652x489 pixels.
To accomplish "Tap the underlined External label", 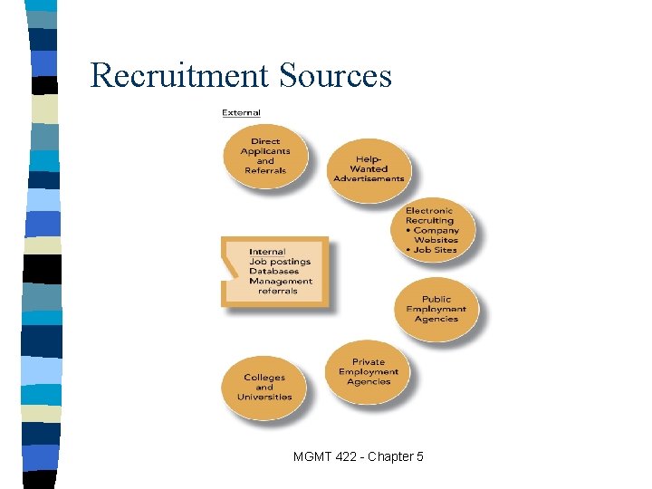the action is [x=242, y=113].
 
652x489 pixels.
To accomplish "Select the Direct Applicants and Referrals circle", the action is [x=265, y=156].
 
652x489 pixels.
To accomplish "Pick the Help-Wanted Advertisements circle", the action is [x=369, y=169].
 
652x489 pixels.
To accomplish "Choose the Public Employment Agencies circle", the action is [x=436, y=309].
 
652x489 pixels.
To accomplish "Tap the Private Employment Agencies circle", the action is [x=369, y=371].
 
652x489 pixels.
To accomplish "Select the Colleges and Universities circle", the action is [x=264, y=387].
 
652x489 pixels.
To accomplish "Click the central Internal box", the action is [x=275, y=272].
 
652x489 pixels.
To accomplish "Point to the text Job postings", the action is [x=280, y=262].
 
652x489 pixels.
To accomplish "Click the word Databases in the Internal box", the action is [x=274, y=272].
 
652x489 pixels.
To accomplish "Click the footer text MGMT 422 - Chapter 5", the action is [x=358, y=456].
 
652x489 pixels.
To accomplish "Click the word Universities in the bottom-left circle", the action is [x=264, y=397].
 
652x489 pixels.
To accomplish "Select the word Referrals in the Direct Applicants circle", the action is [x=265, y=170].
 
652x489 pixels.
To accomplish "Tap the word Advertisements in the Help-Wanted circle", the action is [x=369, y=178].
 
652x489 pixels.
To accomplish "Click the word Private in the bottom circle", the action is [x=369, y=362].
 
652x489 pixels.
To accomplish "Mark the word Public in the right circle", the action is [x=436, y=300].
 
